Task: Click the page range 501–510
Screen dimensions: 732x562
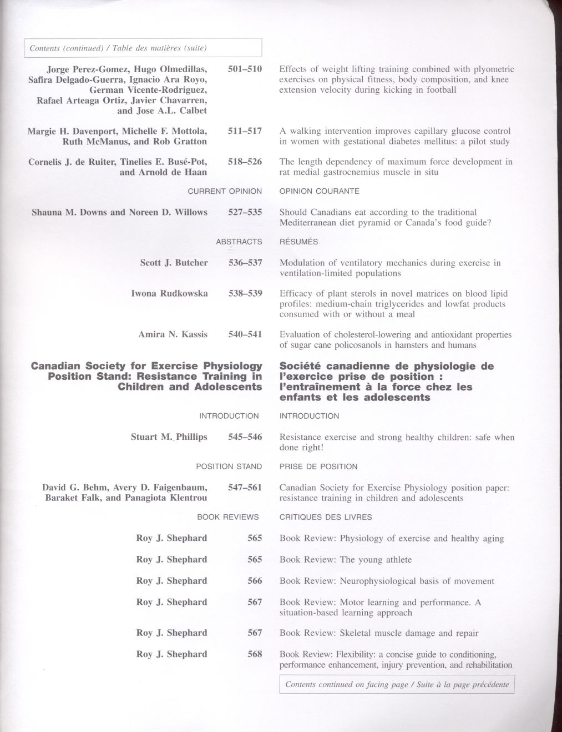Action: click(245, 69)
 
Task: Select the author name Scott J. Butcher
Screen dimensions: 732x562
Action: click(174, 263)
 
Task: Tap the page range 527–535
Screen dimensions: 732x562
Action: click(245, 212)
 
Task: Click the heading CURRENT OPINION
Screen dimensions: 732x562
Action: click(225, 191)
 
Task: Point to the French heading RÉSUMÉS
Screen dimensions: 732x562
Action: click(298, 242)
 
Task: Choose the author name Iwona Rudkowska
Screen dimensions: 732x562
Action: click(169, 293)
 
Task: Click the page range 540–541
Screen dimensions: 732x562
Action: click(245, 334)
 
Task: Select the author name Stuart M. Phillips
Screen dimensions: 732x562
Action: click(169, 437)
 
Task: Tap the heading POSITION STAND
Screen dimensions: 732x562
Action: click(229, 467)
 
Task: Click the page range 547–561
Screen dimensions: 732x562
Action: click(245, 488)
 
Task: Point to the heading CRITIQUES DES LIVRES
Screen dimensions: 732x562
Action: click(325, 517)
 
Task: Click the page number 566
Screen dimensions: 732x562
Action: click(255, 581)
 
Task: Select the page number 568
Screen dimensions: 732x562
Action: click(255, 654)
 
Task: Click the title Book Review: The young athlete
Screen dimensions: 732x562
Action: click(346, 560)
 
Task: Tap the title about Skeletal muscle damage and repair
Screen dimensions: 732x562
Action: click(379, 633)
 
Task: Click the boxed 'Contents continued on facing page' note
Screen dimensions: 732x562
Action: click(397, 685)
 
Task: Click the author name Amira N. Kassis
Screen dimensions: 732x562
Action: click(173, 334)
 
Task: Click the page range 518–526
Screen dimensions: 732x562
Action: click(245, 162)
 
